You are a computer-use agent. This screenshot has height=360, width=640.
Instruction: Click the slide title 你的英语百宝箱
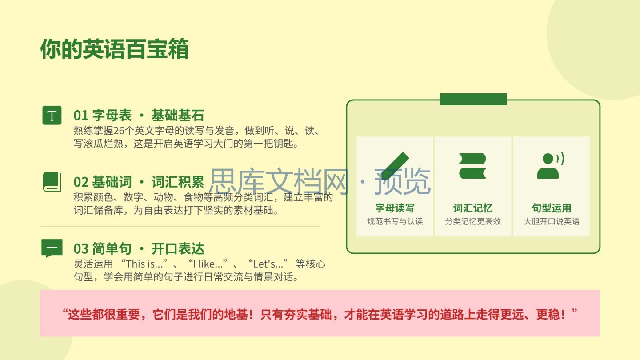[114, 49]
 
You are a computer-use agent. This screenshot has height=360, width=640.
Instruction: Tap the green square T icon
[52, 115]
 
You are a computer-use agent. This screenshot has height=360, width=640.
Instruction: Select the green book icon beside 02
[52, 182]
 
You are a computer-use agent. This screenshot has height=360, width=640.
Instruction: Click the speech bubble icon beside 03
[52, 248]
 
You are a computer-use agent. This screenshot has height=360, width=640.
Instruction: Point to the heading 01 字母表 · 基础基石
[139, 116]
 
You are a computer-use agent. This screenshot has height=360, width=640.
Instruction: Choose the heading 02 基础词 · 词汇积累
[139, 182]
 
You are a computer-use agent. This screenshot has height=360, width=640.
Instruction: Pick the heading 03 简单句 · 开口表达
[139, 248]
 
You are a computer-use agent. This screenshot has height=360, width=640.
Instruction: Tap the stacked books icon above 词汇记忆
[472, 166]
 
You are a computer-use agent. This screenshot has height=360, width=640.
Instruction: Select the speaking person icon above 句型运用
[551, 166]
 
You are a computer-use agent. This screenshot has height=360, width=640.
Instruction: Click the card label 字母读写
[395, 208]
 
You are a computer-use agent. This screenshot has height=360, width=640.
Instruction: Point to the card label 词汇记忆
[473, 208]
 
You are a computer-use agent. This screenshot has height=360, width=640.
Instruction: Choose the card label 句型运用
[552, 208]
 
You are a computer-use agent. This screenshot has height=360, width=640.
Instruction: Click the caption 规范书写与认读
[395, 221]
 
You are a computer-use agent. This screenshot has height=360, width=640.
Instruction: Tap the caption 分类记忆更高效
[473, 221]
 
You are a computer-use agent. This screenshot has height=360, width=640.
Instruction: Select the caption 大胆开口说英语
[552, 221]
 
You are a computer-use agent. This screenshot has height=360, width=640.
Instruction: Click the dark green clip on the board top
[473, 99]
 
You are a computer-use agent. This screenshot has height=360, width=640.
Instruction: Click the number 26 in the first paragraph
[119, 131]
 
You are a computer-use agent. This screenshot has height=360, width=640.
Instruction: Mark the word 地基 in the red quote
[236, 315]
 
